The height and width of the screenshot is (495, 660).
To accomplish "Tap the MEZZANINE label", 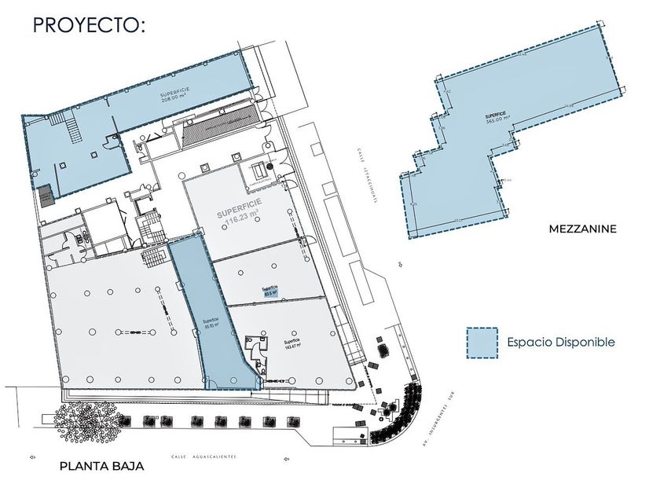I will [x=582, y=229].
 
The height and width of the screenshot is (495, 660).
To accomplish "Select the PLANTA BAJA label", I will [x=101, y=466].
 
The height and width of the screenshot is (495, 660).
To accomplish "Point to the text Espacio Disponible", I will [x=560, y=343].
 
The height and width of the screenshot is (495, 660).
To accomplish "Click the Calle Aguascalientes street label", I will [x=203, y=456].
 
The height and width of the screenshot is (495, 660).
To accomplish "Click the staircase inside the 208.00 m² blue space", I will [x=73, y=126].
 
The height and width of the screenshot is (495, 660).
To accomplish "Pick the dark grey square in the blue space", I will [x=46, y=193].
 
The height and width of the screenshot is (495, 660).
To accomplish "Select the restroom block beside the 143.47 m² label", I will [x=256, y=350].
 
